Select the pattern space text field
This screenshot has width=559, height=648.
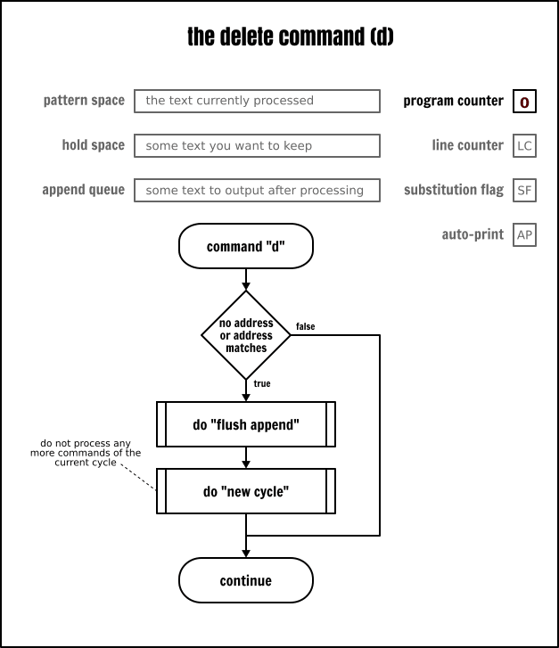click(x=257, y=101)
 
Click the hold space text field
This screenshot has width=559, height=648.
click(x=257, y=145)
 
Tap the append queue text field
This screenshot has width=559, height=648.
click(x=257, y=190)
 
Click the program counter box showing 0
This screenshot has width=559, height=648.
click(x=524, y=102)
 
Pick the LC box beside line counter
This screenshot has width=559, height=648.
click(x=524, y=146)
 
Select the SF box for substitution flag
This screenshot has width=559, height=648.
click(x=524, y=191)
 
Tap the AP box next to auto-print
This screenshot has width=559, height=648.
click(x=524, y=235)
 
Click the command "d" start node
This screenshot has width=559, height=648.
click(x=246, y=246)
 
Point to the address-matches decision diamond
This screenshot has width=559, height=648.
click(x=246, y=335)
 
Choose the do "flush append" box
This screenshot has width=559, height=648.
click(x=246, y=424)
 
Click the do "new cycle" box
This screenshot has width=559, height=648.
click(x=246, y=491)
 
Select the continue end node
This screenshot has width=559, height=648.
click(x=246, y=581)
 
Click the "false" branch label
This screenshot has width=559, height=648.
click(x=305, y=326)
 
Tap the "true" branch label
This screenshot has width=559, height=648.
click(x=262, y=383)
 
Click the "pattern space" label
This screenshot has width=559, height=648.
click(x=84, y=101)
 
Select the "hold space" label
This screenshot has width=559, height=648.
click(x=94, y=145)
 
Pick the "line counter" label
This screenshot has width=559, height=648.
click(x=467, y=145)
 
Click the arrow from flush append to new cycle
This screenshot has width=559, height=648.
click(x=246, y=457)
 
